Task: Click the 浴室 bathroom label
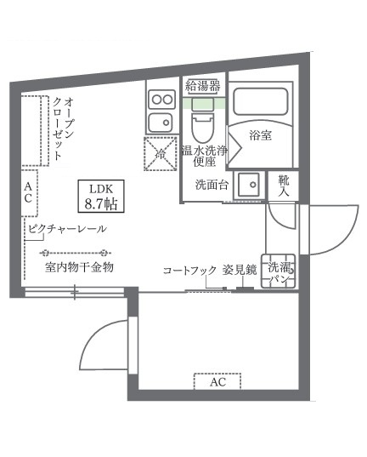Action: (261, 134)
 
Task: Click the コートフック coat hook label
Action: (189, 270)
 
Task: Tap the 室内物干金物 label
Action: (79, 267)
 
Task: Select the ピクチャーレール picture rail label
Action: (67, 230)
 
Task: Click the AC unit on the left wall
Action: (28, 192)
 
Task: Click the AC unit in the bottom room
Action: (217, 382)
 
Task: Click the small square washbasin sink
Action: (248, 186)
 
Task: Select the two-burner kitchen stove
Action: (160, 109)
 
